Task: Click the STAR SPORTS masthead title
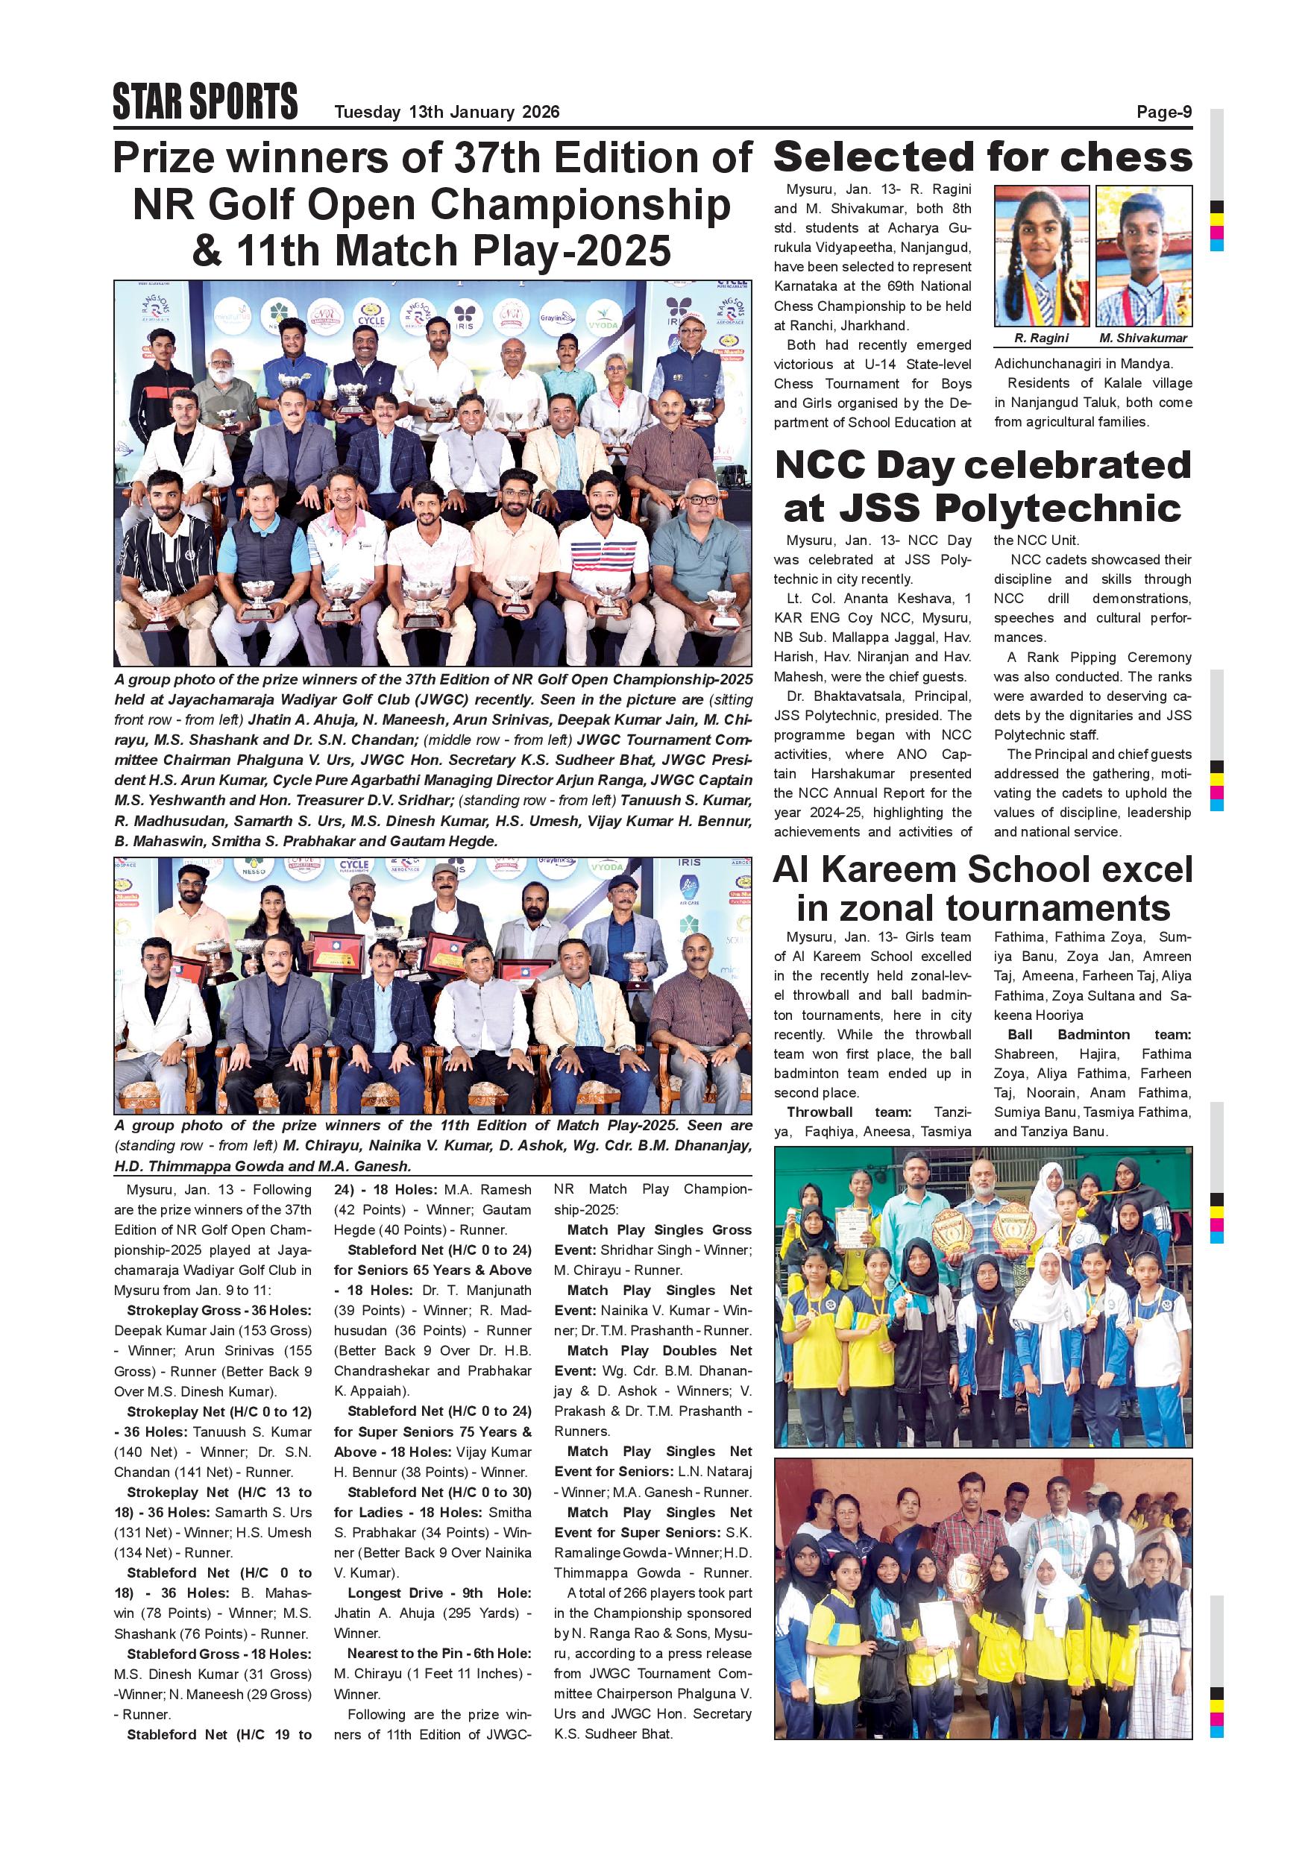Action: pos(205,101)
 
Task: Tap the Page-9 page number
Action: pos(1164,112)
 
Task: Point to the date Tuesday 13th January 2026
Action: pos(447,112)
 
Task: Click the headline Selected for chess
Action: pos(983,157)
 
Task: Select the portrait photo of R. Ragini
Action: pos(1042,255)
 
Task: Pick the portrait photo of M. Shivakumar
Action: pos(1144,255)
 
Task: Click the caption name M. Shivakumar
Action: pos(1144,338)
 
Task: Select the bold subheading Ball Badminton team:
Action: pos(1099,1035)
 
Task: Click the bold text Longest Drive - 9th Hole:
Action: pos(439,1593)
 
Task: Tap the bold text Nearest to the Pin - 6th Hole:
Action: pos(439,1654)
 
